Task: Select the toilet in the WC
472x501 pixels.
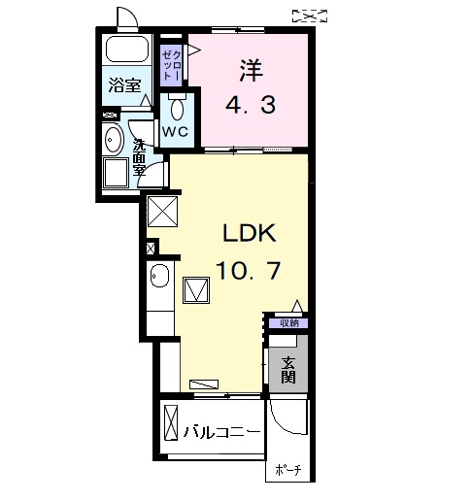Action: [x=176, y=108]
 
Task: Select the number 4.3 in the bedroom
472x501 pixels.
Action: [x=251, y=103]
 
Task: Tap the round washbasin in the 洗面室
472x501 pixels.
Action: [x=113, y=137]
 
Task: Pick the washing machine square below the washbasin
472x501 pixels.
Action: [x=117, y=175]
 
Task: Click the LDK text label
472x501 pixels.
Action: [x=251, y=234]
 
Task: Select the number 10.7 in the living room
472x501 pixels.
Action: [x=251, y=272]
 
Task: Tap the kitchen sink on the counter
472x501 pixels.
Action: [x=161, y=282]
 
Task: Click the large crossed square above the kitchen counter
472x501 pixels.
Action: [x=162, y=210]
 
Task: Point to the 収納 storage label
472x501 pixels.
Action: [x=289, y=323]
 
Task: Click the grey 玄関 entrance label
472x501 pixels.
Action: [x=289, y=370]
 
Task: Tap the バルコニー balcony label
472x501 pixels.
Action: [x=223, y=431]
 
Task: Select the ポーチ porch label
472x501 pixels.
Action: [x=288, y=470]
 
